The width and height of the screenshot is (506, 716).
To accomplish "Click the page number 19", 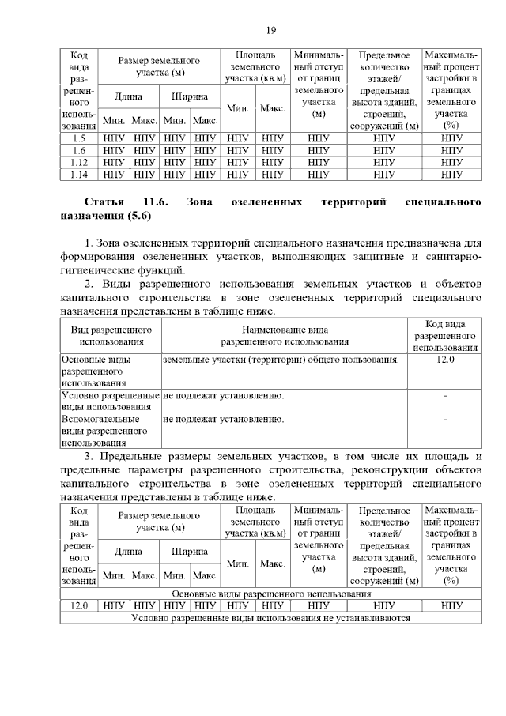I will [270, 30].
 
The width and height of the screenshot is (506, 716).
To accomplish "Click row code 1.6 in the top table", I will [78, 149].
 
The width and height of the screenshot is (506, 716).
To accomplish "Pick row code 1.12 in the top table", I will [78, 162].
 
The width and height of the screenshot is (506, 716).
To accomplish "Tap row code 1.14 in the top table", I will [78, 175].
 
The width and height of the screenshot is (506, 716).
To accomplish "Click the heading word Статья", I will [104, 203].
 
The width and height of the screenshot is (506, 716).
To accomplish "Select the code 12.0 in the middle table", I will [445, 360].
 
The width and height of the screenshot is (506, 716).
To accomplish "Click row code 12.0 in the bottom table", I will [78, 605].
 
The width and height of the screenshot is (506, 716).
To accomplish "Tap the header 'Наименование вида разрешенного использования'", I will [285, 335].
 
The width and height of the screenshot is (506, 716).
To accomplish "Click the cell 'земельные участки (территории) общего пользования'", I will [280, 360].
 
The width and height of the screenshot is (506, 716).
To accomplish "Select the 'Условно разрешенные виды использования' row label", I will [111, 401].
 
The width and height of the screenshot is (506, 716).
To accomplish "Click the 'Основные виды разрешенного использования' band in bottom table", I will [271, 593].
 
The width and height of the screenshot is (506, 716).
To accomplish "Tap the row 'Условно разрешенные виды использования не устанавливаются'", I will [271, 618].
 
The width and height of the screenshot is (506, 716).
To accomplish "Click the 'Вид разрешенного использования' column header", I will [111, 335].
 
